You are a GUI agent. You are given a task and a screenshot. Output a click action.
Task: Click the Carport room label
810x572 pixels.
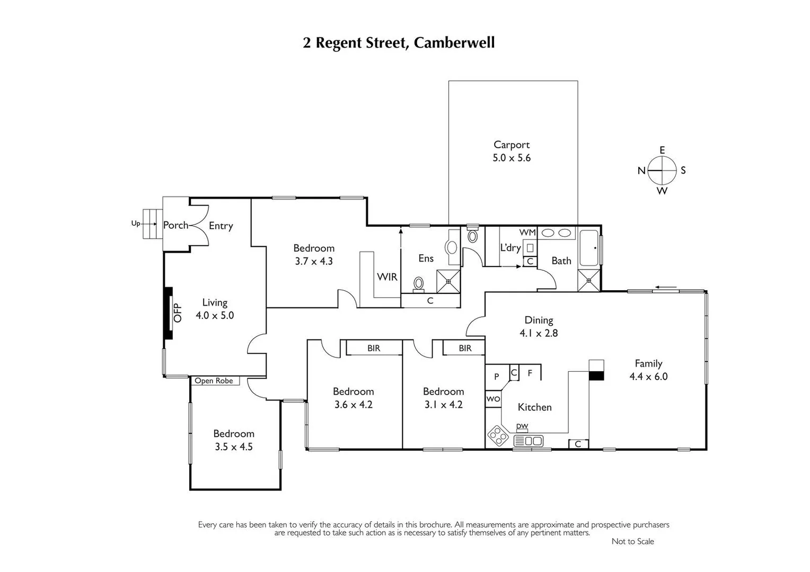pyautogui.click(x=512, y=145)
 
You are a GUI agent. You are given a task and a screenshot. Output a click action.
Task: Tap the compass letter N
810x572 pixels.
pyautogui.click(x=641, y=171)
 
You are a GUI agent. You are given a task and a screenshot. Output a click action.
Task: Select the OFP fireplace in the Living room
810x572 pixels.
pyautogui.click(x=169, y=312)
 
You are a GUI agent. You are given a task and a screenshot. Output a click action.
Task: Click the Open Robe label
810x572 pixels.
pyautogui.click(x=214, y=381)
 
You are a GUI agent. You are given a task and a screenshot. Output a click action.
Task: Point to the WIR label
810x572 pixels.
pyautogui.click(x=387, y=277)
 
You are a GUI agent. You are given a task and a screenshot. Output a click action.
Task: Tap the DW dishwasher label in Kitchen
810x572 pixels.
pyautogui.click(x=522, y=426)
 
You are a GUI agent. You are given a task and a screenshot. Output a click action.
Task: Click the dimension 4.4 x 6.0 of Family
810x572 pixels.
pyautogui.click(x=648, y=377)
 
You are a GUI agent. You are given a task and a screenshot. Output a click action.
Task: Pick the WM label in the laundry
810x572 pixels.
pyautogui.click(x=527, y=233)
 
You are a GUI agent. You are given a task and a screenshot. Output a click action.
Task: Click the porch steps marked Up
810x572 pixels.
pyautogui.click(x=152, y=224)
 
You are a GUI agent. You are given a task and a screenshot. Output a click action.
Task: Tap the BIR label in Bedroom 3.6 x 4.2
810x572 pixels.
pyautogui.click(x=374, y=348)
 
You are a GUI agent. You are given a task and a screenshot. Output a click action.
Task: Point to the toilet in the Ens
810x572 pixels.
pyautogui.click(x=419, y=283)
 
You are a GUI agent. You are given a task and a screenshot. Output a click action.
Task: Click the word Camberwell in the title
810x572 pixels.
pyautogui.click(x=454, y=43)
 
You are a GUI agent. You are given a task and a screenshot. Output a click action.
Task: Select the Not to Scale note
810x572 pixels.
pyautogui.click(x=632, y=541)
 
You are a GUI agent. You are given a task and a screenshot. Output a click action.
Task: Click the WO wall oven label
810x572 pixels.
pyautogui.click(x=493, y=399)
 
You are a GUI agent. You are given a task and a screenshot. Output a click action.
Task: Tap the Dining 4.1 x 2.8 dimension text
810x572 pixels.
pyautogui.click(x=539, y=333)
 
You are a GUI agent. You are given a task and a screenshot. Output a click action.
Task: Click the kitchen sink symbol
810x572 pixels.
pyautogui.click(x=529, y=441)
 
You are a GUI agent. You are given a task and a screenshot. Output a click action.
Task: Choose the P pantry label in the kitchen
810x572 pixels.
pyautogui.click(x=497, y=377)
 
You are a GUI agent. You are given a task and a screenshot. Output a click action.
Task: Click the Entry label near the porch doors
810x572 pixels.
pyautogui.click(x=221, y=226)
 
